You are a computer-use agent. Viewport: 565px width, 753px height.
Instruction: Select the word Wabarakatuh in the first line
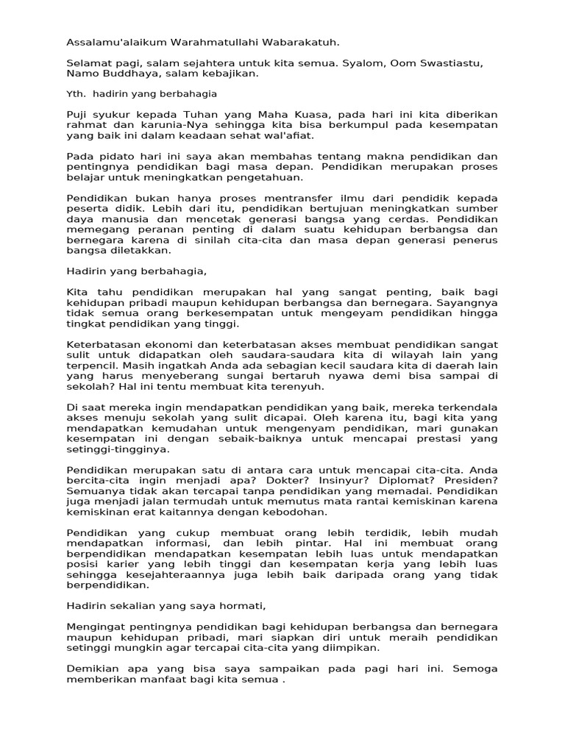tap(304, 43)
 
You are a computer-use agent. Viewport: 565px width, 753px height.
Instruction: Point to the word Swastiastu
tap(449, 64)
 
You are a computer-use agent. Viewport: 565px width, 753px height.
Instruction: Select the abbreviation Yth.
tap(75, 94)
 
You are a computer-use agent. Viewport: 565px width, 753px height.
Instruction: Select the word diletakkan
tap(138, 250)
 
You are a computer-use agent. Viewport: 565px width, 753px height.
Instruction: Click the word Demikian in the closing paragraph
tap(93, 669)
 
